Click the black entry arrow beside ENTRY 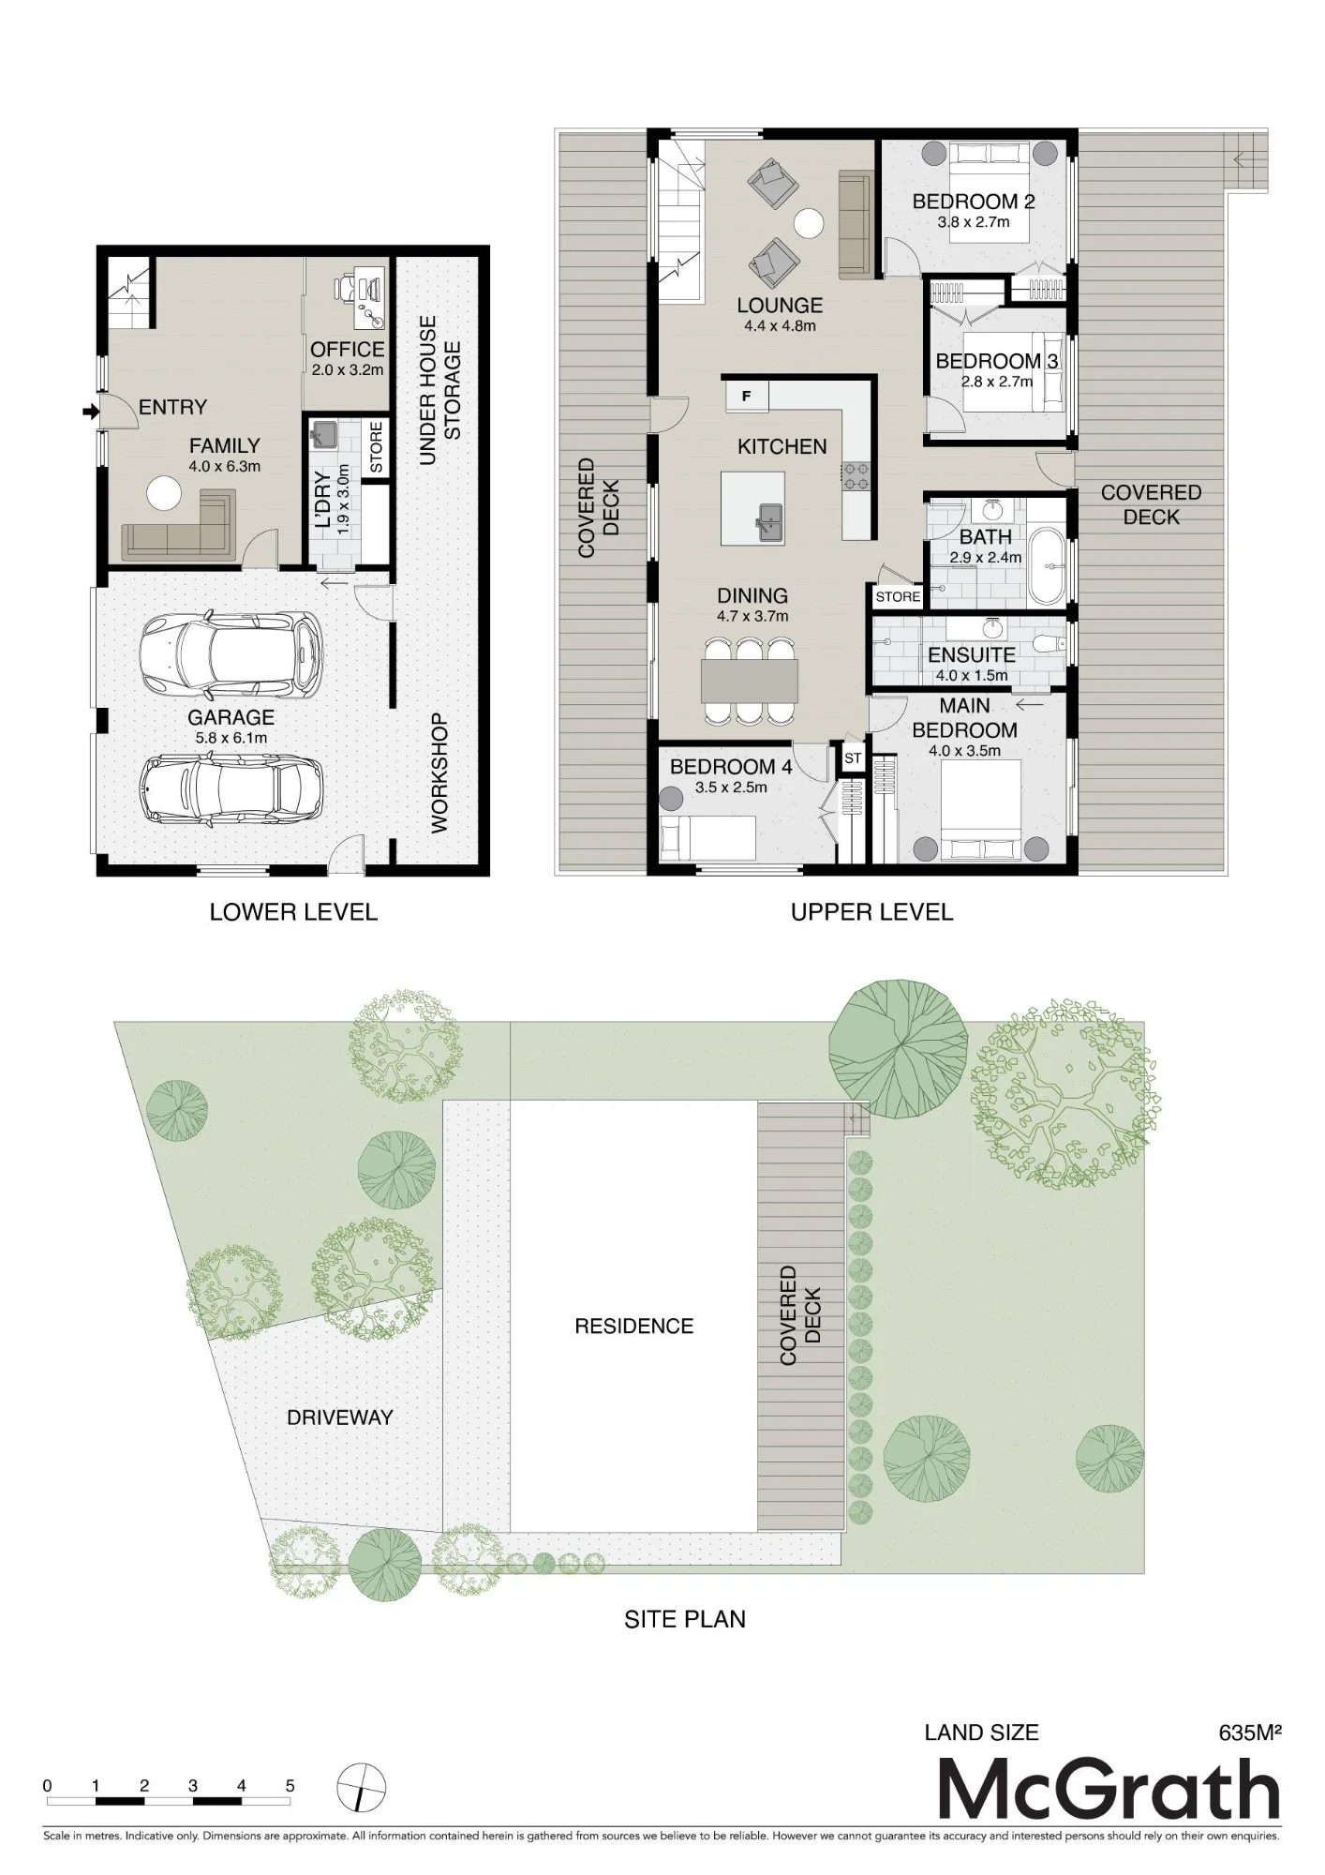click(x=90, y=411)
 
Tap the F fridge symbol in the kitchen click(x=747, y=396)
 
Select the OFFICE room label click(x=347, y=350)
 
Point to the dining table click(x=750, y=681)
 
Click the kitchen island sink click(x=770, y=519)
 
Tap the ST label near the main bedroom click(x=853, y=757)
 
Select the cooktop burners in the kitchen click(x=856, y=475)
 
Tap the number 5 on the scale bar click(x=290, y=1786)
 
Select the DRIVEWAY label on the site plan click(x=339, y=1417)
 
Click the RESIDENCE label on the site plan click(x=634, y=1326)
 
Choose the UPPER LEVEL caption click(x=871, y=912)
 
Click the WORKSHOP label click(x=439, y=773)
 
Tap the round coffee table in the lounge click(x=808, y=223)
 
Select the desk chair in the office click(x=345, y=287)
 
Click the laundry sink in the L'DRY click(x=325, y=434)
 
